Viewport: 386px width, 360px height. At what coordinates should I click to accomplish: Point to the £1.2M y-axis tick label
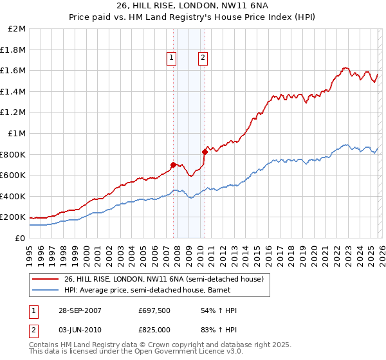click(14, 113)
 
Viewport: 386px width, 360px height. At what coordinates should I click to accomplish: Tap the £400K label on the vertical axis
click(13, 196)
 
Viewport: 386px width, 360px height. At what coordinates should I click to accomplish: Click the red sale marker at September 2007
click(174, 165)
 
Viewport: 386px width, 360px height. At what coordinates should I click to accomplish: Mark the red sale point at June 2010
click(205, 152)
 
